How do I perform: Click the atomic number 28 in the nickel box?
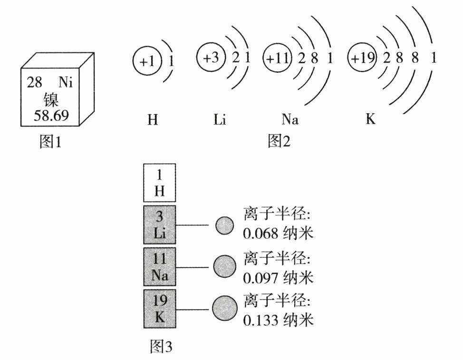coord(34,82)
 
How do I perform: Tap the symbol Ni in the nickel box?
coord(66,82)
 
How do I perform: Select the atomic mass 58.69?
coord(51,115)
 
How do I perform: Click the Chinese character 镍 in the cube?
coord(51,99)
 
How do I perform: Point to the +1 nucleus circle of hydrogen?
coord(147,61)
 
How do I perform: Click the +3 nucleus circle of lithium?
coord(211,57)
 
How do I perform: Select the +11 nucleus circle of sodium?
coord(278,58)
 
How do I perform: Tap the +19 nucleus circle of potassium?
coord(362,58)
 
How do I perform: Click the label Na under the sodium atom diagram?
coord(290,119)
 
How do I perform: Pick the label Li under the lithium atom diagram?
coord(220,119)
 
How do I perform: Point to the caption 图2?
coord(279,141)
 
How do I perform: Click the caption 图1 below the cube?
coord(50,141)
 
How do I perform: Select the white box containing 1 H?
coord(159,183)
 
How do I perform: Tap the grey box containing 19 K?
coord(159,309)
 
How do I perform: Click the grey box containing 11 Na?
coord(159,267)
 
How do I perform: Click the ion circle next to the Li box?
coord(224,225)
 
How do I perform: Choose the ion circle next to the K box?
coord(225,309)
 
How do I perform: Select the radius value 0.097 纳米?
coord(278,278)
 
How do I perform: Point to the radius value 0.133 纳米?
coord(278,320)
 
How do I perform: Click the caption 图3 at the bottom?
coord(161,346)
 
